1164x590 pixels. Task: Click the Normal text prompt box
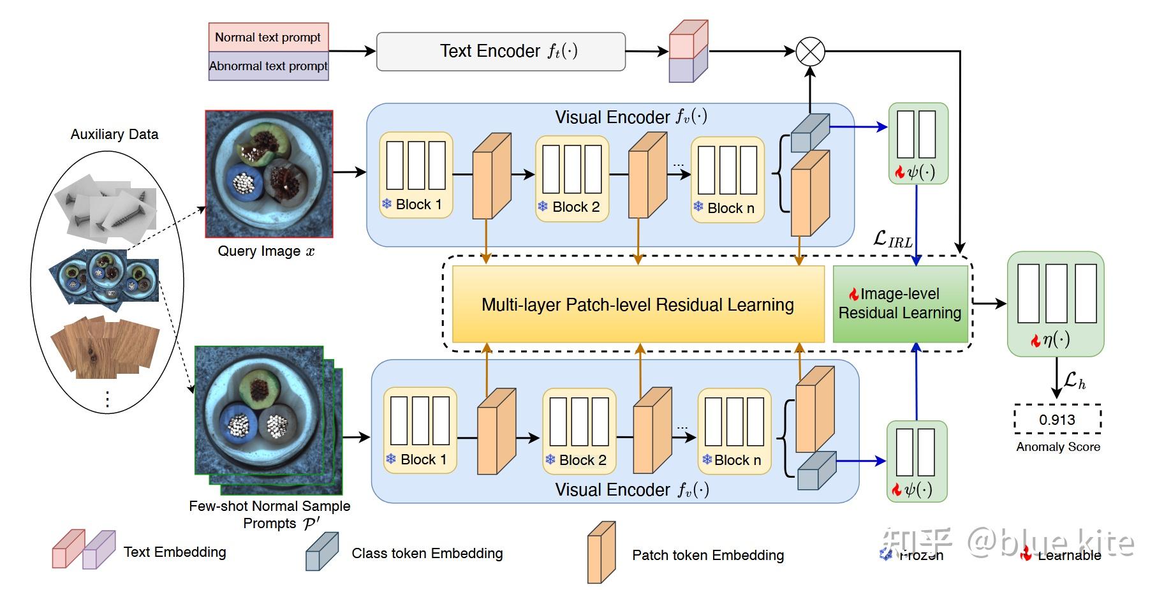(x=268, y=37)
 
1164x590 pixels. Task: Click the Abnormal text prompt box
(x=268, y=66)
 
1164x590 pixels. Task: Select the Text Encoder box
(x=501, y=51)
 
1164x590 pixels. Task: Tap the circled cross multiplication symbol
(x=810, y=52)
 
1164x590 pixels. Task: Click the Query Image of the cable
(x=269, y=173)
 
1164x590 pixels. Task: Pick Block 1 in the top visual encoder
(x=416, y=175)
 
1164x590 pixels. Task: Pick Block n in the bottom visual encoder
(x=734, y=431)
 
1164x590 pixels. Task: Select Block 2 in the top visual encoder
(x=572, y=178)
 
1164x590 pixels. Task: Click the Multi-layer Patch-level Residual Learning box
(x=638, y=304)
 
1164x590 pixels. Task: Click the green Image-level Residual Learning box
(x=900, y=304)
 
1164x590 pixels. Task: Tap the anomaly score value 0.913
(x=1057, y=420)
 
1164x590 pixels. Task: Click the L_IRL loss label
(x=892, y=240)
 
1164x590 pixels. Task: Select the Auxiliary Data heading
(x=114, y=134)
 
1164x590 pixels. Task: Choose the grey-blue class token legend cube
(x=321, y=552)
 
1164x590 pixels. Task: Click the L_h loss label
(x=1074, y=381)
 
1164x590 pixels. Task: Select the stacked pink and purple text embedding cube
(x=688, y=52)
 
